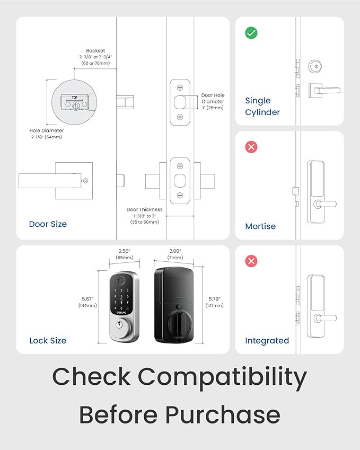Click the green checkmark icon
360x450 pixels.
pos(251,33)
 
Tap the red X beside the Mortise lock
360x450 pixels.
pos(251,147)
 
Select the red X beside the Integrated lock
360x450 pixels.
pos(251,261)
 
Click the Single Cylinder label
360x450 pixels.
pos(262,107)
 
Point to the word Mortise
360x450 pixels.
pos(260,226)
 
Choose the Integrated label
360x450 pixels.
pos(267,341)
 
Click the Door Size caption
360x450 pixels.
pos(48,224)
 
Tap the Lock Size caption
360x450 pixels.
pos(48,341)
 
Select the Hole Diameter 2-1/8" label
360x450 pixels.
pos(47,134)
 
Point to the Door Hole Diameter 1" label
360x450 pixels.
pos(213,101)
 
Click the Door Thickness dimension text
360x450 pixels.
pos(144,216)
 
